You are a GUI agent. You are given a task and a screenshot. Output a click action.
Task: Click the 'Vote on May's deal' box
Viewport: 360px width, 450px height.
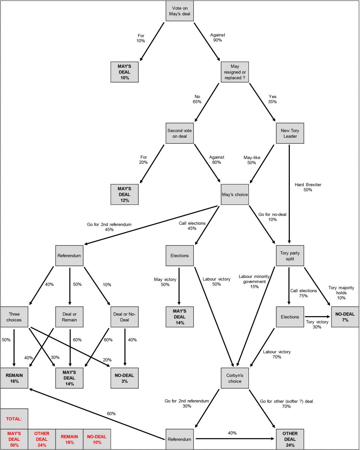[179, 11]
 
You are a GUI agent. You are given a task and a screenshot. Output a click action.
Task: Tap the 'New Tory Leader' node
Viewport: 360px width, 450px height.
[289, 133]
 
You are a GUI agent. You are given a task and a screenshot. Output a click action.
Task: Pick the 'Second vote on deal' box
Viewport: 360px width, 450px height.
[179, 133]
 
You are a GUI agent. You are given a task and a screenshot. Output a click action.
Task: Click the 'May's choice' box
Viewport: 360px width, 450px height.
[235, 195]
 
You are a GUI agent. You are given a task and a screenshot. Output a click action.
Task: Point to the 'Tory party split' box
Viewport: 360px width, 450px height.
[289, 256]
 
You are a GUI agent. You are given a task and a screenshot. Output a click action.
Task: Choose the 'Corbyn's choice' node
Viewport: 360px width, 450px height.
[235, 378]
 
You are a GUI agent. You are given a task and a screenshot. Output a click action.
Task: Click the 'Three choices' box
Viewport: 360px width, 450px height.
[14, 317]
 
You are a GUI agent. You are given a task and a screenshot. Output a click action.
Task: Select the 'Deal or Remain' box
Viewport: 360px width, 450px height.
[69, 317]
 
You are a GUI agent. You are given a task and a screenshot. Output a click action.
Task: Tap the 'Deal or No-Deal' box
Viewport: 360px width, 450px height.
[124, 317]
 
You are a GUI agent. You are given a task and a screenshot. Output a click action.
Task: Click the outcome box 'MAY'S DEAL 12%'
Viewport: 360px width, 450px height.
[124, 195]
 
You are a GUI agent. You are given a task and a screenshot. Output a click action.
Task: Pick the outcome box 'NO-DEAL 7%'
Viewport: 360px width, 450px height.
[345, 317]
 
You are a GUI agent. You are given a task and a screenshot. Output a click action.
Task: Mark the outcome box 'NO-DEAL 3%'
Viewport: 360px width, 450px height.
[124, 378]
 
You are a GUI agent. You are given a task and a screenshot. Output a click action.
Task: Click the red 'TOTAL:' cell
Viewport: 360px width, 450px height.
[14, 418]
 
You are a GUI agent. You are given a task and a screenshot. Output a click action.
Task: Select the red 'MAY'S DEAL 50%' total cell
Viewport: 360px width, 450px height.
[14, 439]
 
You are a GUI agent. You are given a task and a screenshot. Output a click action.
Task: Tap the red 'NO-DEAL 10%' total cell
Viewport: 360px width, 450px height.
[97, 439]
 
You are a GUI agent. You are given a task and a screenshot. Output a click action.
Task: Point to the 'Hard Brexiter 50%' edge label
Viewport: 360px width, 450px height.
[308, 187]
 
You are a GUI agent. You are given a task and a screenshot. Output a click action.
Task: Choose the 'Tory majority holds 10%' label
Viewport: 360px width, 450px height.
[341, 292]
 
